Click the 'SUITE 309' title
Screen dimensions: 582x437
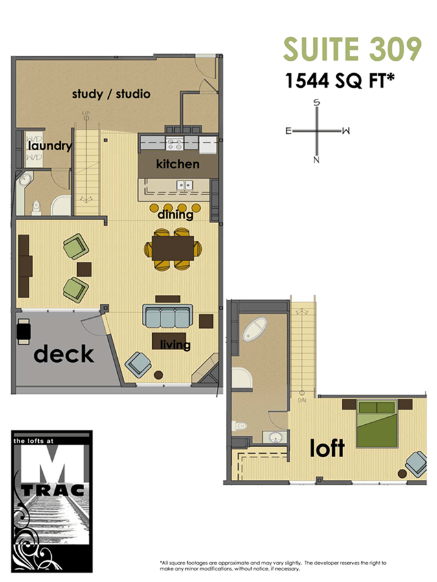click(x=352, y=50)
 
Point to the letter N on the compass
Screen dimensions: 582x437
click(x=317, y=160)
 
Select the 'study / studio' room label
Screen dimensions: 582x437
click(x=111, y=94)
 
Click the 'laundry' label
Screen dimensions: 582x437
click(x=49, y=146)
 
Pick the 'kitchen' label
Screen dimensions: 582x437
click(x=177, y=164)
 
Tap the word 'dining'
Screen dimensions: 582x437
click(x=175, y=214)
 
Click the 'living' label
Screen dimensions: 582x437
click(x=175, y=345)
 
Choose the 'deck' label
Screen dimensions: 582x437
click(x=63, y=354)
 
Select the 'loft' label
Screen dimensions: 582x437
click(x=327, y=448)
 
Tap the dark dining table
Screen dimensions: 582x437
click(x=173, y=248)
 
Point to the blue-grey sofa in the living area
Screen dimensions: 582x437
click(x=166, y=318)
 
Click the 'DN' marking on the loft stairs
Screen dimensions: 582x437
click(x=302, y=400)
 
